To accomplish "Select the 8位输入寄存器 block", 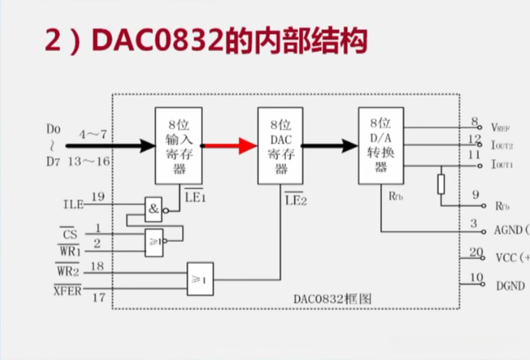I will coord(179,145).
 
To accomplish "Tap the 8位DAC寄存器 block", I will coord(279,146).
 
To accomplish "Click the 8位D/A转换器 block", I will coord(381,145).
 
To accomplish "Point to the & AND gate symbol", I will coord(153,209).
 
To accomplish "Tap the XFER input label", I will coord(67,290).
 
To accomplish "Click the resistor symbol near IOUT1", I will coord(441,183).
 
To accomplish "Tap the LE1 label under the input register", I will coord(195,195).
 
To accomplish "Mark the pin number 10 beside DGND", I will coord(475,279).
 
